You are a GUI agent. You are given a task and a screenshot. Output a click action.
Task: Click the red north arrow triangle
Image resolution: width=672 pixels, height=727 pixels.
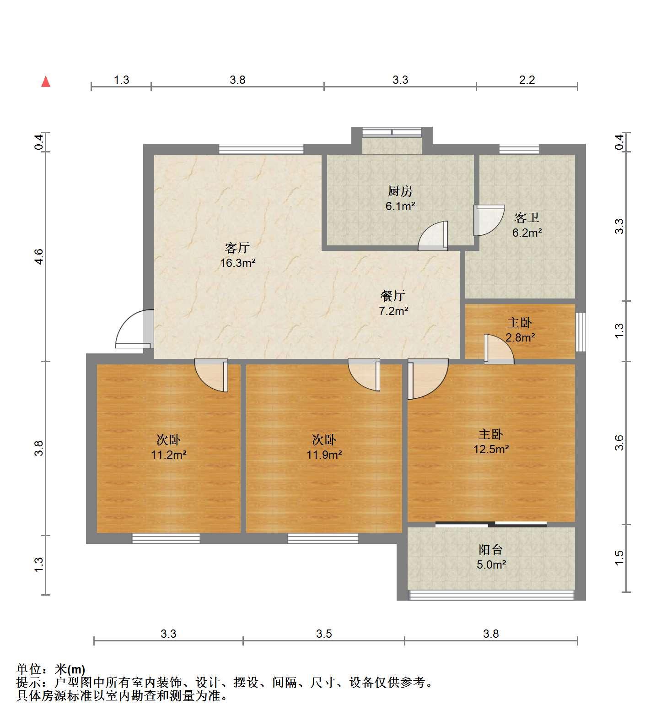[46, 82]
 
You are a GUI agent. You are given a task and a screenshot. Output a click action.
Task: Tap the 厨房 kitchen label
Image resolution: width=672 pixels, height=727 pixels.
[400, 191]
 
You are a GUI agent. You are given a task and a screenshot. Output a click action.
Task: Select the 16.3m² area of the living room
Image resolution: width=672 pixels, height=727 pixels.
[237, 263]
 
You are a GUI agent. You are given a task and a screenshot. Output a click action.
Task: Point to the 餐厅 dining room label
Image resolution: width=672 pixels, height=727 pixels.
[393, 296]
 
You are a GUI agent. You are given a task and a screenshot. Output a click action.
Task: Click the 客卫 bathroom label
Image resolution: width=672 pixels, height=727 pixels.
[527, 217]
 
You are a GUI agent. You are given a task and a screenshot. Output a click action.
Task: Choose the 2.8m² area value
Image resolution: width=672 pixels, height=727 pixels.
[520, 338]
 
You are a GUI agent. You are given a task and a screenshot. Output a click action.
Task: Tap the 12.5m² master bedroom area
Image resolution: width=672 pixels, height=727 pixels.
[491, 449]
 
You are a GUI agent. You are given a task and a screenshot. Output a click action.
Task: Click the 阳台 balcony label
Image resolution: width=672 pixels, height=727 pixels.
[491, 549]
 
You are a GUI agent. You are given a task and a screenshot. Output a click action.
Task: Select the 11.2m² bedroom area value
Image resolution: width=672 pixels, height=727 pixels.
[169, 455]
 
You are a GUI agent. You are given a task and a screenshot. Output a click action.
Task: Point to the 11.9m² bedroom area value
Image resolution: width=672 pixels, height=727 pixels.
[324, 455]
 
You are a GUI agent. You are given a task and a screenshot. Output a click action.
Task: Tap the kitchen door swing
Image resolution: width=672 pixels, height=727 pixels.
[433, 236]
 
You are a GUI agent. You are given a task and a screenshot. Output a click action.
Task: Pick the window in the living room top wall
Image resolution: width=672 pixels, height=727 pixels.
[261, 149]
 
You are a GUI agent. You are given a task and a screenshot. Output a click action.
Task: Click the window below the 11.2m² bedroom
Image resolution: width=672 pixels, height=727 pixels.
[166, 538]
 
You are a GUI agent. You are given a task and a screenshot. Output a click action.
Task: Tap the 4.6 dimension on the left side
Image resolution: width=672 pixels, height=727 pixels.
[39, 256]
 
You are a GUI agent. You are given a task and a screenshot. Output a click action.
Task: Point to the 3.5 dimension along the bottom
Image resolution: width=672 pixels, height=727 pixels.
[324, 634]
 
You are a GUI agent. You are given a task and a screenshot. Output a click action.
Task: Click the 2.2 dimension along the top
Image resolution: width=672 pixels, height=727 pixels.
[527, 80]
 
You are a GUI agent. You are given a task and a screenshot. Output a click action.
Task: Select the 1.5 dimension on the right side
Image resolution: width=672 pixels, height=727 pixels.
[619, 558]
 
